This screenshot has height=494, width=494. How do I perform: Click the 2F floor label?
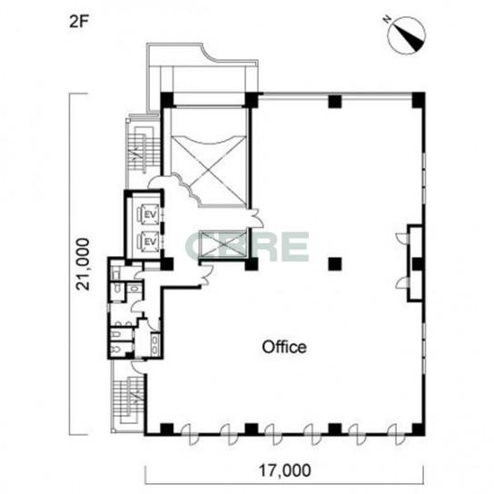[78, 23]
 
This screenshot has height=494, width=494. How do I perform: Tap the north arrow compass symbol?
[407, 35]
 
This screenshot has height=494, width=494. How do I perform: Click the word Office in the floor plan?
[284, 347]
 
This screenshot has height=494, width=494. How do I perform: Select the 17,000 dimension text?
[284, 470]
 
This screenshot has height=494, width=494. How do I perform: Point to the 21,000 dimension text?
[84, 264]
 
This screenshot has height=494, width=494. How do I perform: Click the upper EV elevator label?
[150, 215]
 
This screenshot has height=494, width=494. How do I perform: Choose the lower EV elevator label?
[150, 242]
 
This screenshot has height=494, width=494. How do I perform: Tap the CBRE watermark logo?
[247, 246]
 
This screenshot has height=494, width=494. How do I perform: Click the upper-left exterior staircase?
[141, 150]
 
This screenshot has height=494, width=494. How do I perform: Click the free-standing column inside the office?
[335, 264]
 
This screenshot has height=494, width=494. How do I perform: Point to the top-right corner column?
[419, 100]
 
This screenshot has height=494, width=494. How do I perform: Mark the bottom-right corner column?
[419, 430]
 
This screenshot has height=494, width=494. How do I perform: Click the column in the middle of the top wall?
[335, 101]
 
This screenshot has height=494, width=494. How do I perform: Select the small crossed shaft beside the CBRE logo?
[223, 246]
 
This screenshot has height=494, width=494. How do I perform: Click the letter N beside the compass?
[387, 20]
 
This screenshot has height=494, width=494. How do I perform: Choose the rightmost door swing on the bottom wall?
[397, 434]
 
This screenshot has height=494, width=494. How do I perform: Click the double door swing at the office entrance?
[257, 218]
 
